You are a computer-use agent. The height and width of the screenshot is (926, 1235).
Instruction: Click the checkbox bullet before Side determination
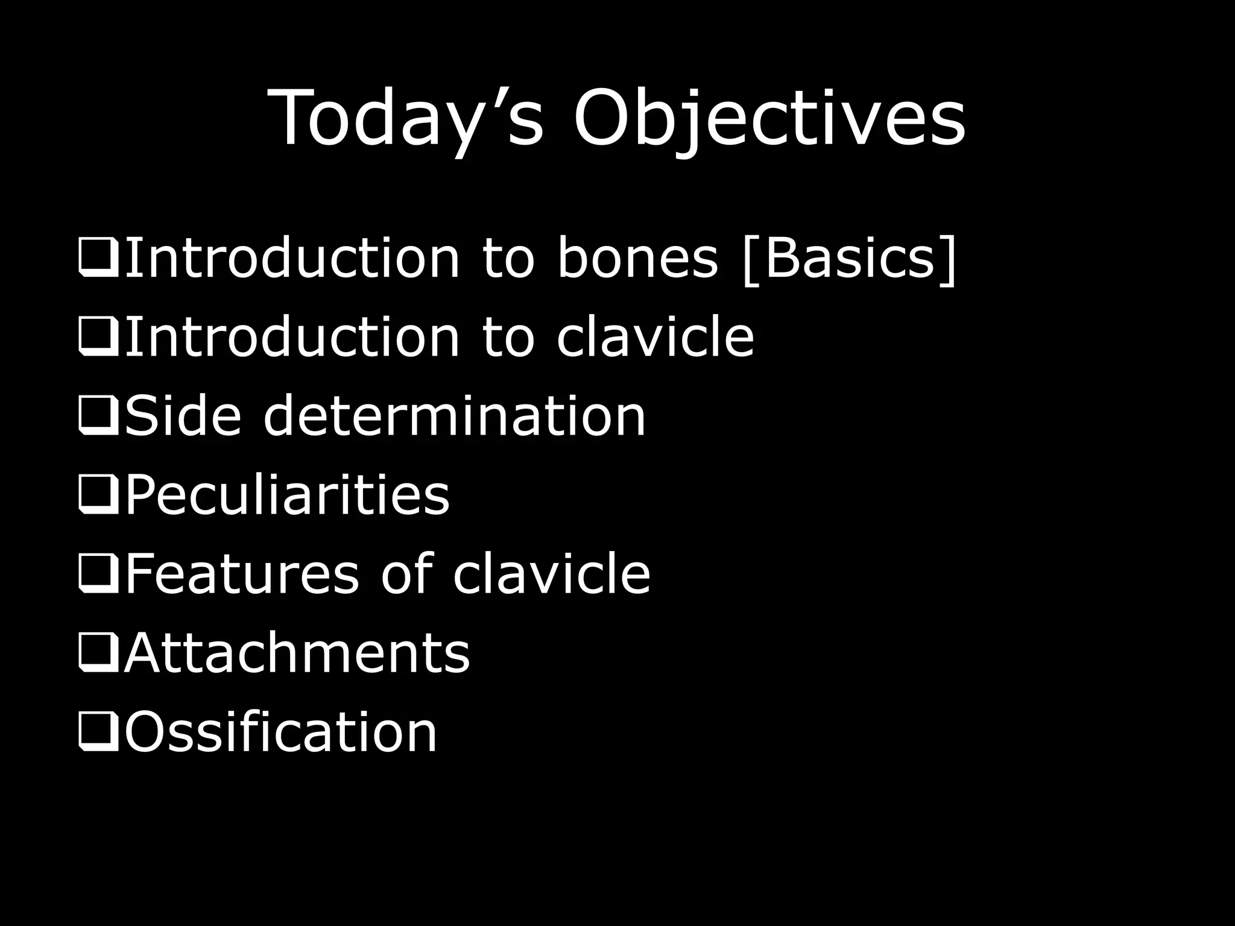pos(98,415)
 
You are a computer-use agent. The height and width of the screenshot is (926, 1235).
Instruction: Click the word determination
pos(454,415)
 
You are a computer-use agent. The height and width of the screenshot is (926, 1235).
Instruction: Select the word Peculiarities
pos(287,495)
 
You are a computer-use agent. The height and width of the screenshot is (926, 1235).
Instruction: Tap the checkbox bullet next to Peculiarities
pos(98,495)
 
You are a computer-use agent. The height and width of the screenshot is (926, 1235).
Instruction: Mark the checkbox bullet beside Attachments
pos(98,653)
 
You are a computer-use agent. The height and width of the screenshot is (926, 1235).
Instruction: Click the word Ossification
pos(280,732)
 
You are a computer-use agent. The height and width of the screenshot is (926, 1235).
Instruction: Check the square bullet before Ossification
pos(98,732)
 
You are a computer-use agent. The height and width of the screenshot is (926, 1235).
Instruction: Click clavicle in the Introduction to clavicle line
pos(655,337)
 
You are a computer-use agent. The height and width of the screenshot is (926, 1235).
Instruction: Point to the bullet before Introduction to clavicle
pos(98,337)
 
